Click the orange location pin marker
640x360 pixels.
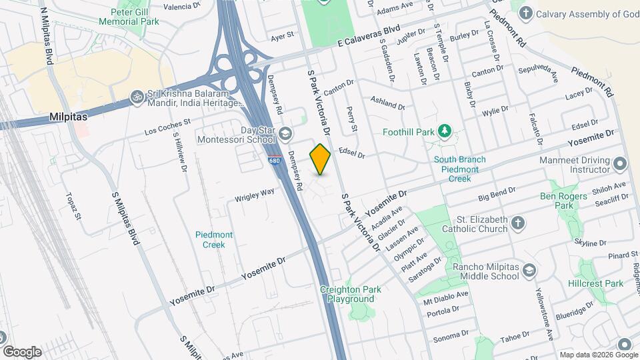coord(320,159)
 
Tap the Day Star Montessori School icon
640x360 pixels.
coord(285,135)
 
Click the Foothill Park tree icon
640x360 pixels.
coord(445,132)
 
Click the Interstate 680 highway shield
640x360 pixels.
coord(275,161)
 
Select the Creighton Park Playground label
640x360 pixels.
coord(351,294)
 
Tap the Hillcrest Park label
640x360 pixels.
coord(601,283)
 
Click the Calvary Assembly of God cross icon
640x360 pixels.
coord(526,13)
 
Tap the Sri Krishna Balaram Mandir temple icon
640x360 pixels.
coord(137,96)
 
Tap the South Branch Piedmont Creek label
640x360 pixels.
coord(459,165)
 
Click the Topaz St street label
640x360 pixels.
coord(73,206)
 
